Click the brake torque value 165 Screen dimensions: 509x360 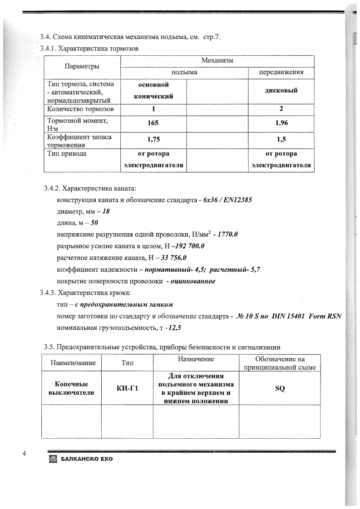tap(153, 122)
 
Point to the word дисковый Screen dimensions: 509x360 tap(281, 90)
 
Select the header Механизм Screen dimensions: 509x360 tap(217, 61)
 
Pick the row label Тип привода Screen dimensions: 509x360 tap(67, 153)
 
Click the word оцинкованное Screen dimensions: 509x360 tap(192, 281)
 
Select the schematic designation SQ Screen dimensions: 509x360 tap(280, 388)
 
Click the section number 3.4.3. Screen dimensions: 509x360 tap(48, 293)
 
